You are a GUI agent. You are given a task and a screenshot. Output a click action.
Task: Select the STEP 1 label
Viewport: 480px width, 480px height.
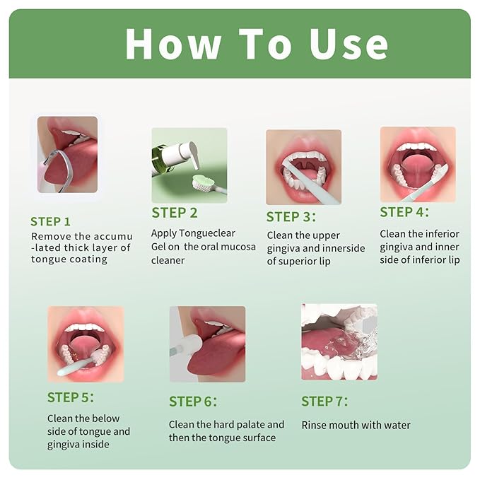coord(50,221)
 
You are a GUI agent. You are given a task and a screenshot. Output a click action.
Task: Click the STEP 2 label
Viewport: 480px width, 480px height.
coord(174,213)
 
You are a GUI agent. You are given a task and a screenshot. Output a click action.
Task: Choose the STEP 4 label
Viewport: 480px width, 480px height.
coord(404,211)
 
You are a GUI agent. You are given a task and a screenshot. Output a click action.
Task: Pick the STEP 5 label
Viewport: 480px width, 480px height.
coord(71,397)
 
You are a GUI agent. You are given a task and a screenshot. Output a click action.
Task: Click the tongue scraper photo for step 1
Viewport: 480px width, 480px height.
coord(67,155)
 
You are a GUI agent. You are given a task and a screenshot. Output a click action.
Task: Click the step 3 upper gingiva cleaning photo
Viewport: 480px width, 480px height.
coord(303,167)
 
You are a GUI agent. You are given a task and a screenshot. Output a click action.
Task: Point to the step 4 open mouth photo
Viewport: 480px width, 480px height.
coord(418,164)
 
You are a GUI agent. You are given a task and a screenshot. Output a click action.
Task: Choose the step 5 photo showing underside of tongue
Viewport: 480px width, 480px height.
coord(86,344)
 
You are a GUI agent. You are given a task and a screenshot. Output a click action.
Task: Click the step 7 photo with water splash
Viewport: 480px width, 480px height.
coord(339,341)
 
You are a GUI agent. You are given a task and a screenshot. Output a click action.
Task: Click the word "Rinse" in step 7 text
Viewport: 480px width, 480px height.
coord(315,425)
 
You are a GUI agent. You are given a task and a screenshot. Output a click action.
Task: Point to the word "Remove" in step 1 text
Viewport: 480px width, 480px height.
coord(49,236)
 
